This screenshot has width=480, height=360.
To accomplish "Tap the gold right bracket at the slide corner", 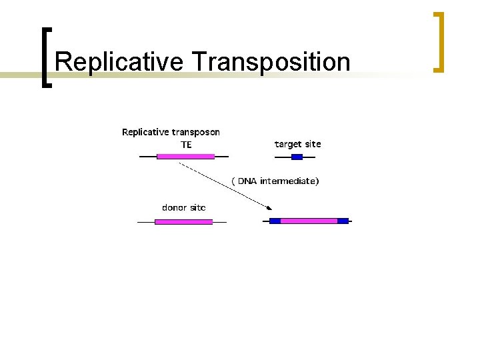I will click(438, 41).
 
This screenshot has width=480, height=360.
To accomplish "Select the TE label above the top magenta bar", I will click(186, 145).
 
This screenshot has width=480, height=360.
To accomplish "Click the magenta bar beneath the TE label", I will click(185, 157).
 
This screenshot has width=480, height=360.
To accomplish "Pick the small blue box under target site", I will click(297, 157).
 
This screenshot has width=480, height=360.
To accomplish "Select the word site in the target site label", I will click(313, 144).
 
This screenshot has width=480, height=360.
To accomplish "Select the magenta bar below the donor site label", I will click(183, 222).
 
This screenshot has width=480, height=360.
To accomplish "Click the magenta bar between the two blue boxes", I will click(309, 221).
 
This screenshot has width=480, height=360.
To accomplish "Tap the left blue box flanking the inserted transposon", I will click(275, 221).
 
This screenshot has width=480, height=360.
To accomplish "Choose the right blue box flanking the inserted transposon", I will click(343, 221).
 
